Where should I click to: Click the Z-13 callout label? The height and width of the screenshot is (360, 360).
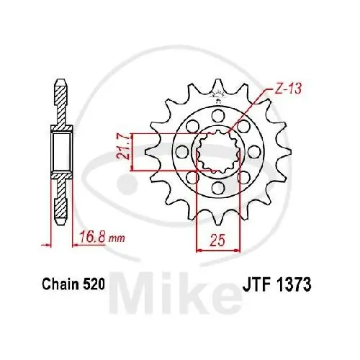click(x=287, y=89)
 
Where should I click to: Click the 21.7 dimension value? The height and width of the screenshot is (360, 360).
click(x=123, y=148)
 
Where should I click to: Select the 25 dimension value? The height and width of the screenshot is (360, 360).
click(x=218, y=240)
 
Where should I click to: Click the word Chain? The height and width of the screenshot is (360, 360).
click(x=60, y=284)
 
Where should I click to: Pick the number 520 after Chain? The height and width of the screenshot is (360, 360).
click(x=94, y=284)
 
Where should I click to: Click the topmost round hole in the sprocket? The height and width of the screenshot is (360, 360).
click(x=218, y=115)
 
